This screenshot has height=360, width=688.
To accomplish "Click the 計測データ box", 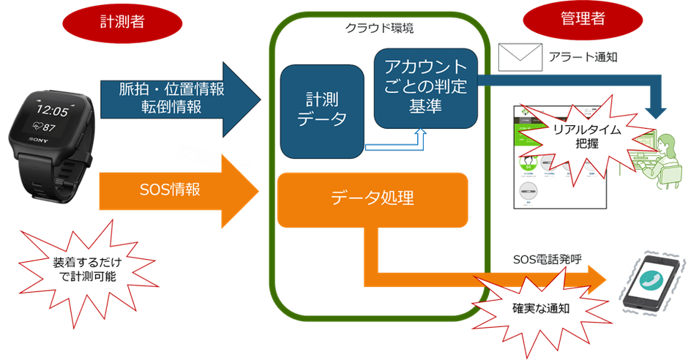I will click(x=321, y=110).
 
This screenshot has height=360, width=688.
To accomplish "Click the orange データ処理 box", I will click(x=372, y=198).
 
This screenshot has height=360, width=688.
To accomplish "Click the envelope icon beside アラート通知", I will click(x=517, y=56).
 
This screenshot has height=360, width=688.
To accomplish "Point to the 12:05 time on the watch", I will click(x=52, y=110).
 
